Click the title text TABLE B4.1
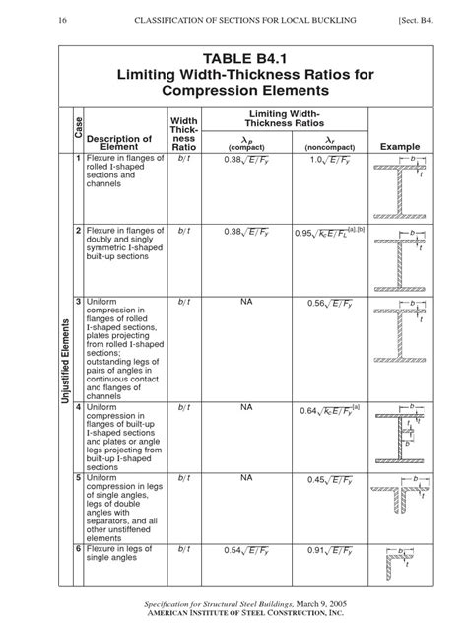click(x=233, y=56)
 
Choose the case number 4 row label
click(x=77, y=407)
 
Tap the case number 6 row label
click(x=77, y=548)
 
